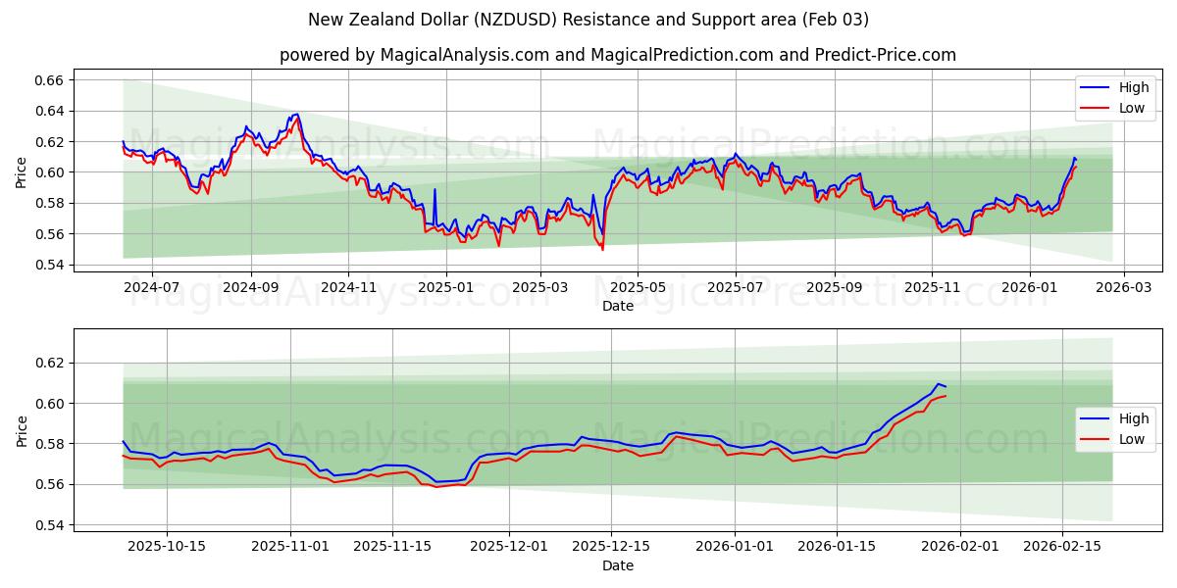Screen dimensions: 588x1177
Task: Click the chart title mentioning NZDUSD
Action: (x=588, y=20)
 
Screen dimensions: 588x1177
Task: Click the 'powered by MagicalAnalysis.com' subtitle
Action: (x=618, y=55)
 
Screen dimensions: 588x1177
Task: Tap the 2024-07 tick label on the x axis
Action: (x=152, y=287)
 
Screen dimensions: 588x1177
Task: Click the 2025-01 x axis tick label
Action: (x=445, y=287)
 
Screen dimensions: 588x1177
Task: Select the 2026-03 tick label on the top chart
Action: (x=1123, y=287)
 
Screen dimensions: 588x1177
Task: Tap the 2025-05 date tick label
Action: (x=638, y=287)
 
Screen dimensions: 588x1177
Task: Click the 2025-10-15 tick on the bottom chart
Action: (x=166, y=547)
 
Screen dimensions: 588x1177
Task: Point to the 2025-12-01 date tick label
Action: (x=509, y=547)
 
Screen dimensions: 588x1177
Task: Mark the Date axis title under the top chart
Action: (x=618, y=306)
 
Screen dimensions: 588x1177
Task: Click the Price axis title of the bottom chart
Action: (x=23, y=431)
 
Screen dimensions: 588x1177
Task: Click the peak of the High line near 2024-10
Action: (x=296, y=114)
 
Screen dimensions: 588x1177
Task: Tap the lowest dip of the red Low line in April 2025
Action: (x=602, y=249)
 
